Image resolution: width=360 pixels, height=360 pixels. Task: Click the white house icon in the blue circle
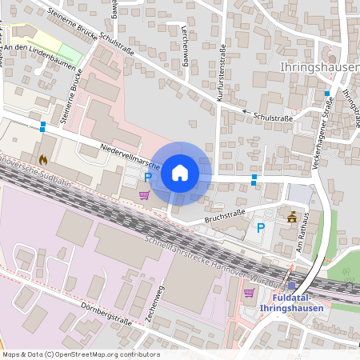[180, 172]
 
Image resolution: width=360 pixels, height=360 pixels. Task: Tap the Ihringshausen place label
[319, 68]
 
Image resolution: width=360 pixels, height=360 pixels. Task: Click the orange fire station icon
[42, 159]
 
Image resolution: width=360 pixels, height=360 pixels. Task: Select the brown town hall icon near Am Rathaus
[292, 216]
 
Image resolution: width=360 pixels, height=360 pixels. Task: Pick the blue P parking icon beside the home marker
[147, 177]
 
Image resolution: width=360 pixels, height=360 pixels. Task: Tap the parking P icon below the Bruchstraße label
[260, 228]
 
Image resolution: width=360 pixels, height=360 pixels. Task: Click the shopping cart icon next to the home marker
[144, 194]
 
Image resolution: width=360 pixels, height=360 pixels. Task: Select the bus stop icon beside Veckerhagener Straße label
[326, 94]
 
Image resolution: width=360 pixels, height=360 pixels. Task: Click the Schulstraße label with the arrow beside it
[272, 117]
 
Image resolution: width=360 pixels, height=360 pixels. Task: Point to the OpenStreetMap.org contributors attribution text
[104, 354]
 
